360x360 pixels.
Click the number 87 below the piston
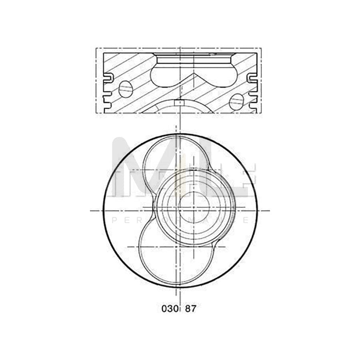click(x=191, y=309)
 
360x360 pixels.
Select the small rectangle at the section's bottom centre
click(x=180, y=102)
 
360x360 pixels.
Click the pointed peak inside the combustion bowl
click(x=194, y=74)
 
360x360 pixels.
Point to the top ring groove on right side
click(x=252, y=76)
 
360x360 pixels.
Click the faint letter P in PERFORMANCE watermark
click(x=115, y=220)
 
